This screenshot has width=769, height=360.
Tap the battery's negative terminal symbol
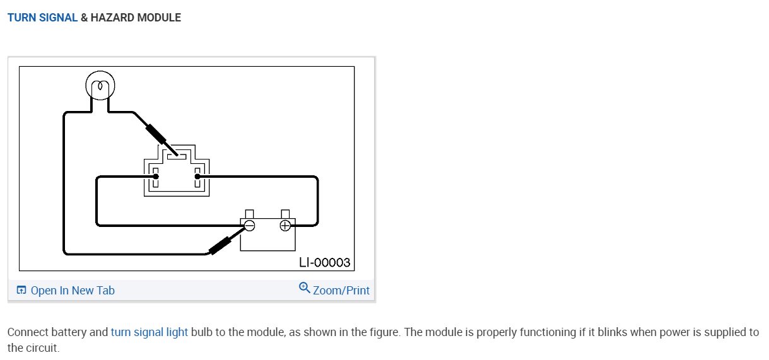point(249,225)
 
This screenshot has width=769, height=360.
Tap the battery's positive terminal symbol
point(285,225)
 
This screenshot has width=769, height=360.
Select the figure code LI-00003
point(324,262)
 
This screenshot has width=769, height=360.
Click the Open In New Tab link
point(73,291)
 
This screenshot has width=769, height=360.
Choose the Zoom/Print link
point(341,291)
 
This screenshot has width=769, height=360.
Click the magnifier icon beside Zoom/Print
point(305,288)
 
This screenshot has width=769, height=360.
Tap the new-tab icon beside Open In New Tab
point(21,291)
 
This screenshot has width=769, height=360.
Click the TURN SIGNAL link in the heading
point(42,18)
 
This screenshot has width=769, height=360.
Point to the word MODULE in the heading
point(160,18)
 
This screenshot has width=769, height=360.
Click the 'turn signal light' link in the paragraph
point(150,332)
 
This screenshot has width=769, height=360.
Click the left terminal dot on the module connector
point(156,177)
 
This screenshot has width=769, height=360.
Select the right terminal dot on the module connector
point(197,177)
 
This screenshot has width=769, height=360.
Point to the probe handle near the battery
point(220,245)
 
